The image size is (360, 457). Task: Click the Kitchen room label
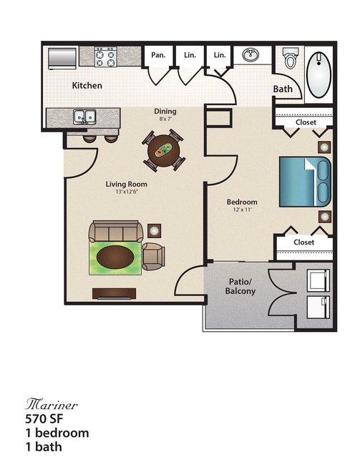click(87, 85)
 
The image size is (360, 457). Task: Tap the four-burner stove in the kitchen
click(105, 56)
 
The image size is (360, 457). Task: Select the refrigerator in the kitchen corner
click(62, 59)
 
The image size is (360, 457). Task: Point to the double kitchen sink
click(84, 117)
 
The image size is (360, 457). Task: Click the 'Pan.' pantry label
click(158, 55)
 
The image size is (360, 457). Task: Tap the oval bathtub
click(319, 75)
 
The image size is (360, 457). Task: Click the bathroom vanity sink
click(250, 55)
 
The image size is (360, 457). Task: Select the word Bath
click(283, 89)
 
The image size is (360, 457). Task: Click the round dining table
click(164, 150)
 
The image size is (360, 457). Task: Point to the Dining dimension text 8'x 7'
click(165, 119)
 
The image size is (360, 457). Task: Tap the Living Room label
click(126, 185)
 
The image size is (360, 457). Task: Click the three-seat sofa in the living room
click(116, 232)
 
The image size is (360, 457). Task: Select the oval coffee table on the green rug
click(115, 257)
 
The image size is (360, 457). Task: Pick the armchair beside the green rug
click(153, 257)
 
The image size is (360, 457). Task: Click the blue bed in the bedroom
click(305, 182)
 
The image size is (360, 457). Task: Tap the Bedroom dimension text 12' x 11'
click(242, 210)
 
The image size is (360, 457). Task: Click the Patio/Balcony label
click(240, 286)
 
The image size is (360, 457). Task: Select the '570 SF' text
click(44, 419)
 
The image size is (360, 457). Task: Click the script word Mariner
click(52, 405)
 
